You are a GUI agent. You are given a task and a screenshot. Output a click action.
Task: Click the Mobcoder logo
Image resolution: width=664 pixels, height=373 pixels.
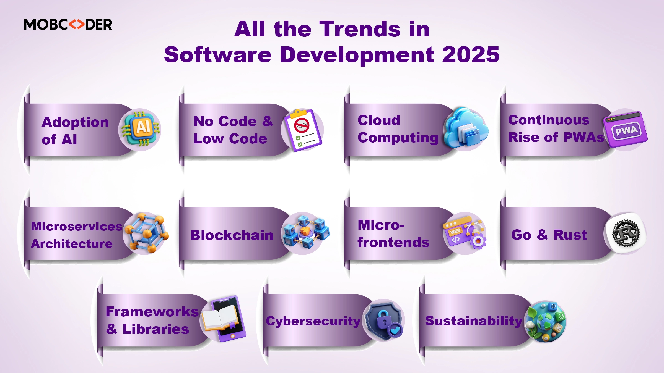(68, 24)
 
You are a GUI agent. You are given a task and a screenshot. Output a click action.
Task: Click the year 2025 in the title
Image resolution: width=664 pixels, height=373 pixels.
(471, 54)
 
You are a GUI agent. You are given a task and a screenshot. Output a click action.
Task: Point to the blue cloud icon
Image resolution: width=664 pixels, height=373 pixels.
(466, 127)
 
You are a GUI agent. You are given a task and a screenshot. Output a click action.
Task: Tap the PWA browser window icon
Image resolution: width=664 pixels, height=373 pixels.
(625, 129)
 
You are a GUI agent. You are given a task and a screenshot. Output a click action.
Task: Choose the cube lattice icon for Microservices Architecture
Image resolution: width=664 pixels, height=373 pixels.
(147, 233)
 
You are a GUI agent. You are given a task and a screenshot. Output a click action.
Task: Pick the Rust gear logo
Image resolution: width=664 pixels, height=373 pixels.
(626, 233)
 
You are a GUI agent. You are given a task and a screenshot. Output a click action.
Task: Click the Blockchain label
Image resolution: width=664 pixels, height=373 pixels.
(232, 235)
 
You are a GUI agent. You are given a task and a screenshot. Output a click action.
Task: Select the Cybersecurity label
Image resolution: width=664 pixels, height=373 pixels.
(313, 321)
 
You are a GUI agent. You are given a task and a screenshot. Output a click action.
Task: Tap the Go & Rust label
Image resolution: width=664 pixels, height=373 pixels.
(549, 235)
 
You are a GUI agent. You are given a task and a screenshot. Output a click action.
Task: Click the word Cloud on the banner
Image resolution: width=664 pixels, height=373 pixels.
(379, 120)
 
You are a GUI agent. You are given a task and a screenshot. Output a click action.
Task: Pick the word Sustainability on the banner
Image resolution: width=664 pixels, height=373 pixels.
(474, 321)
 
